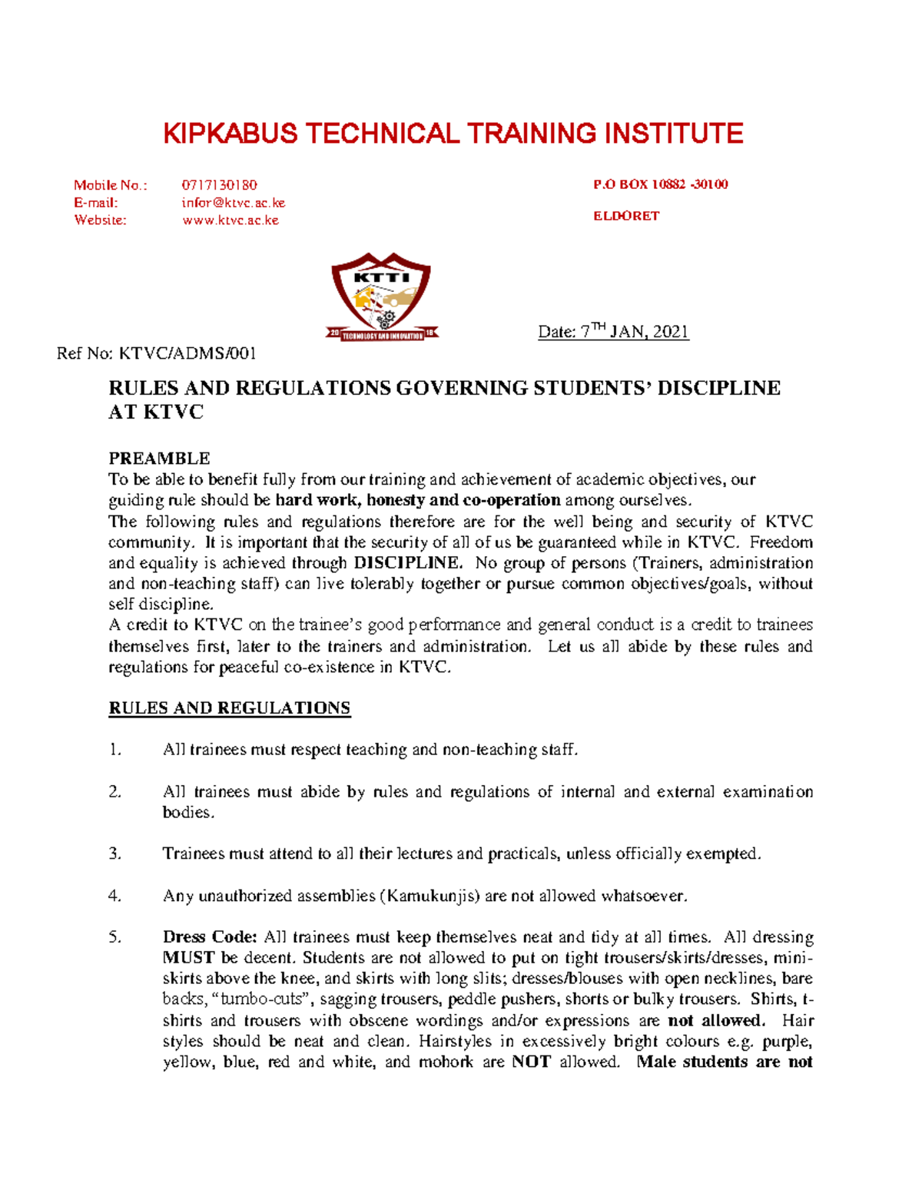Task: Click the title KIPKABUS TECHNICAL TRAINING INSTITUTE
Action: coord(453,134)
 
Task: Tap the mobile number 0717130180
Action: coord(219,185)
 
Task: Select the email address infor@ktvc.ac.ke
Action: coord(233,203)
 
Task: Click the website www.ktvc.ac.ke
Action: coord(230,220)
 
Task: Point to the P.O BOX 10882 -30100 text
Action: coord(660,184)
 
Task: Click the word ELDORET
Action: coord(625,216)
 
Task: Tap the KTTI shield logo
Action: coord(382,296)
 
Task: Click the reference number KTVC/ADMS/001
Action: coord(187,353)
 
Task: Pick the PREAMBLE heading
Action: coord(159,459)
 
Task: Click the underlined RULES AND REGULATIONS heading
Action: coord(229,708)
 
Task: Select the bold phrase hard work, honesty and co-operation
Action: coord(418,500)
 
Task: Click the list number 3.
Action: coord(115,853)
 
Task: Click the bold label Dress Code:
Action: coord(210,937)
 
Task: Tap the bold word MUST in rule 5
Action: coord(188,958)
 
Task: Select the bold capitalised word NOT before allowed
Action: coord(531,1062)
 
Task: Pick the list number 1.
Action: coord(115,750)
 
